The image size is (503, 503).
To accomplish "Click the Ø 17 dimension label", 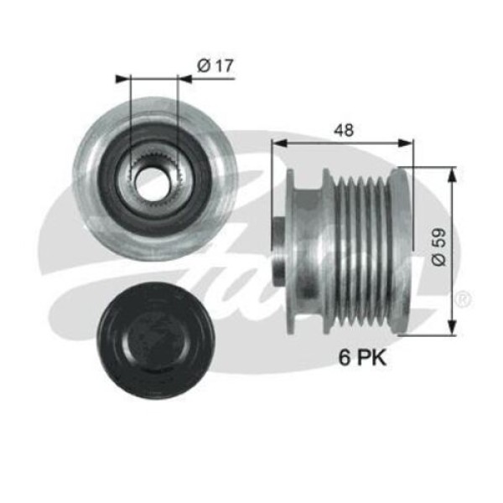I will pos(215,63).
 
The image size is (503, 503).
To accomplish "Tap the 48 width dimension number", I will pos(342,130).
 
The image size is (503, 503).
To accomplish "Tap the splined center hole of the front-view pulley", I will pos(153,181).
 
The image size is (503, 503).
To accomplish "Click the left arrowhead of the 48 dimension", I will pos(277,143).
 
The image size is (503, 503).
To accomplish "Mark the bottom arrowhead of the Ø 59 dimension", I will pos(453,329).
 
